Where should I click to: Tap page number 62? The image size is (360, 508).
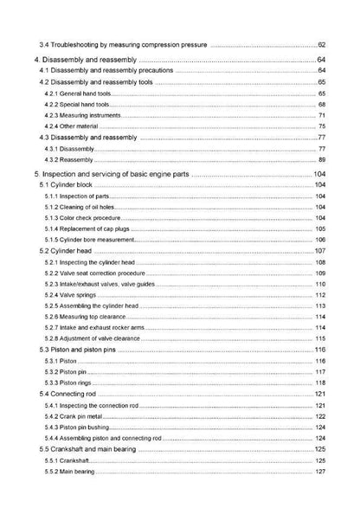click(321, 44)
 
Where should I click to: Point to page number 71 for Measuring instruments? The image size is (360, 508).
click(321, 115)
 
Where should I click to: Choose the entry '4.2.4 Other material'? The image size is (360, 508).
click(76, 126)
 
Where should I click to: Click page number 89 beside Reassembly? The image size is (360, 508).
click(321, 160)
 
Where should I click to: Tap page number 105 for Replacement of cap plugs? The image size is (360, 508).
click(319, 228)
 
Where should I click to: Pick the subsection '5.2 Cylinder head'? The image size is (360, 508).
click(69, 251)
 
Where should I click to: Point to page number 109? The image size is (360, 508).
click(319, 273)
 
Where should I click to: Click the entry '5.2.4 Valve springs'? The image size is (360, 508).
click(75, 295)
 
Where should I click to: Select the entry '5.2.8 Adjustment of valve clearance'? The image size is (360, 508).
click(96, 338)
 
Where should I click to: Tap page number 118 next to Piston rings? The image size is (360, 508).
click(319, 383)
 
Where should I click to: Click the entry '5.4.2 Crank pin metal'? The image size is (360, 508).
click(79, 416)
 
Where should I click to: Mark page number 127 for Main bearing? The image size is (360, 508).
click(319, 471)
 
